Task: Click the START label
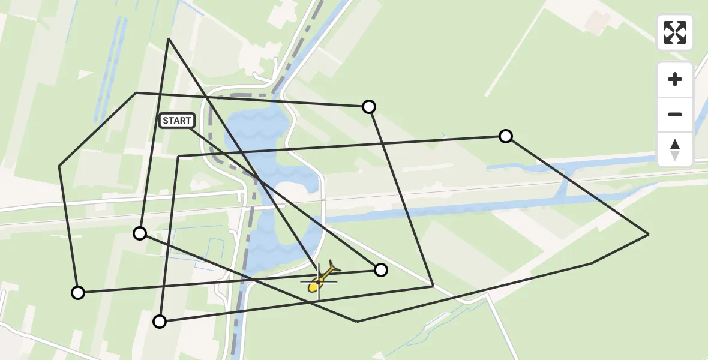pyautogui.click(x=177, y=121)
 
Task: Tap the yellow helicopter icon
pyautogui.click(x=322, y=278)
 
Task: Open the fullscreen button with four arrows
pyautogui.click(x=675, y=32)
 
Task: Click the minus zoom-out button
pyautogui.click(x=675, y=114)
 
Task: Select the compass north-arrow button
pyautogui.click(x=675, y=149)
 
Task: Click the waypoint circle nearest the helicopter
pyautogui.click(x=381, y=270)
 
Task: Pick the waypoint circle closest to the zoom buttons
pyautogui.click(x=506, y=136)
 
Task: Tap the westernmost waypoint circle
pyautogui.click(x=78, y=293)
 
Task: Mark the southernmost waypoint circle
pyautogui.click(x=160, y=322)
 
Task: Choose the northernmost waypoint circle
pyautogui.click(x=369, y=107)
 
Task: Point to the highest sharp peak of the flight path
pyautogui.click(x=169, y=38)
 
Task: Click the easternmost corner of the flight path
pyautogui.click(x=649, y=234)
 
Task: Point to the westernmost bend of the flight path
pyautogui.click(x=59, y=166)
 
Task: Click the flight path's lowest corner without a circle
pyautogui.click(x=357, y=322)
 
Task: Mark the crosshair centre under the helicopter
pyautogui.click(x=318, y=280)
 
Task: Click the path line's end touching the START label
pyautogui.click(x=191, y=128)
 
